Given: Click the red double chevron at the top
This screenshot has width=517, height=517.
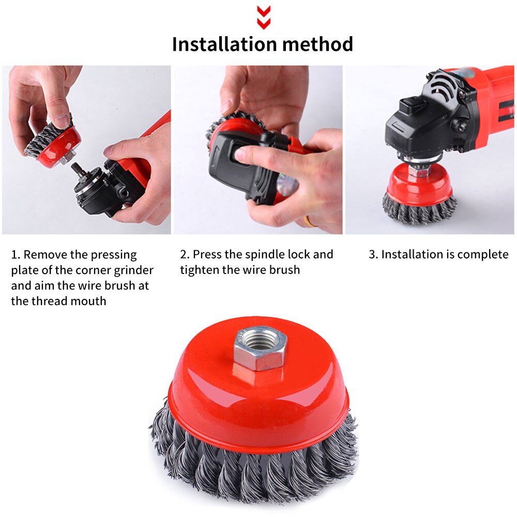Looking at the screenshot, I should click(x=264, y=17).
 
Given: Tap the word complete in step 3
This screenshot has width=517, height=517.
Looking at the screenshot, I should click(x=483, y=254).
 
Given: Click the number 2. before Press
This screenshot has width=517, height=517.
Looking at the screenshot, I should click(x=185, y=254).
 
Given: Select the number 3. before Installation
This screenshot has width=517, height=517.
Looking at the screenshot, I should click(x=373, y=254).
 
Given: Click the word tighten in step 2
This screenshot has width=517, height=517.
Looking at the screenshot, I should click(x=200, y=270).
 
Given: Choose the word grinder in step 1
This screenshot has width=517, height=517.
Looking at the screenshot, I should click(x=133, y=270).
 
